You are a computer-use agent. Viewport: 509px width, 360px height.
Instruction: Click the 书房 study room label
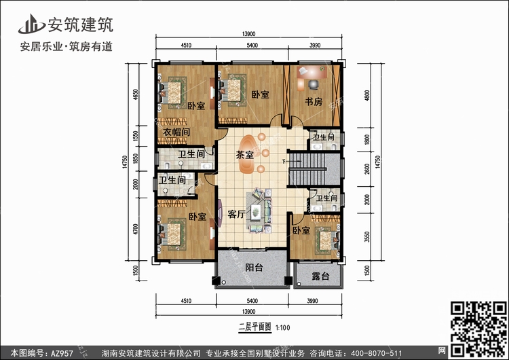[x=313, y=102]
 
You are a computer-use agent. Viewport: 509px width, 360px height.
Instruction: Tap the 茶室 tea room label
[x=244, y=155]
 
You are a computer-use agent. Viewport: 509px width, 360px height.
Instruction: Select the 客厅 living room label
[x=236, y=214]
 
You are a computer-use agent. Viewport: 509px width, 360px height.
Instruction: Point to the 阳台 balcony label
[x=254, y=268]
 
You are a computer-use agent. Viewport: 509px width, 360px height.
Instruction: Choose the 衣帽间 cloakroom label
[x=176, y=131]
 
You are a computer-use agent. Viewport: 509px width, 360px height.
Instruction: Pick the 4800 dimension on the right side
[x=366, y=96]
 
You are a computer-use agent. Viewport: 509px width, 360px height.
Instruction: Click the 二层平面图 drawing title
[x=254, y=327]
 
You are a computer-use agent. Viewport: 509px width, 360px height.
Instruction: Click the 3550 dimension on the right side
[x=366, y=236]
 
